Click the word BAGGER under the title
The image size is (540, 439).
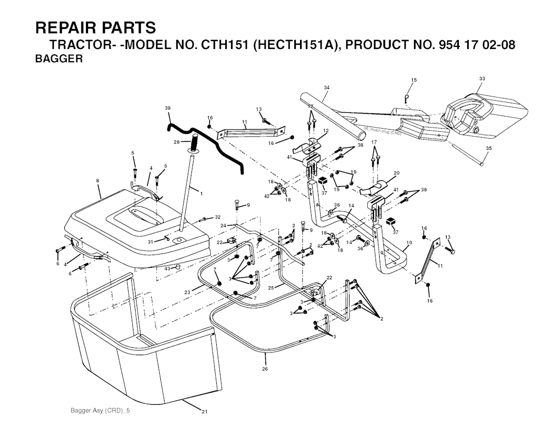tap(59, 59)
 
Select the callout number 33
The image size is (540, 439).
tap(481, 79)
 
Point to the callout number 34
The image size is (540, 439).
tap(326, 87)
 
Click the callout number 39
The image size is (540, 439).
tap(168, 108)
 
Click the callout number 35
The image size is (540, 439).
tap(488, 148)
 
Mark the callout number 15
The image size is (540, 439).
tap(414, 80)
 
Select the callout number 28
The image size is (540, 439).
tap(177, 142)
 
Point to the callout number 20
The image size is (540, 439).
tap(397, 172)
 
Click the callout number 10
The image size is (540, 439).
tap(409, 243)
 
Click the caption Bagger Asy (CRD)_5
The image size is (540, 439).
tap(99, 410)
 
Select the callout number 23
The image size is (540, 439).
tap(187, 291)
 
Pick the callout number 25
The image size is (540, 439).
tap(271, 287)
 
